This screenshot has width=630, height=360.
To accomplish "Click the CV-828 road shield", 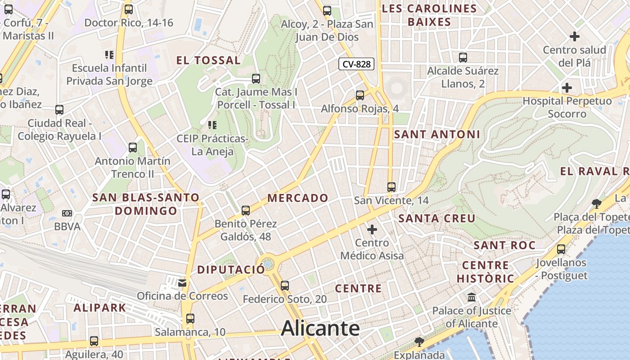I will pyautogui.click(x=356, y=64).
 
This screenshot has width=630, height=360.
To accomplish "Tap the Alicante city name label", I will pyautogui.click(x=320, y=328).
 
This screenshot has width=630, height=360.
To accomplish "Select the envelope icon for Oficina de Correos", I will pyautogui.click(x=182, y=283).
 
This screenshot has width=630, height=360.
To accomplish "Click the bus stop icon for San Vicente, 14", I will pyautogui.click(x=391, y=187).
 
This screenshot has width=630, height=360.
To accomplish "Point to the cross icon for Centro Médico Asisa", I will pyautogui.click(x=372, y=230).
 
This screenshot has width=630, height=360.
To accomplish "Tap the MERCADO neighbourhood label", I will pyautogui.click(x=298, y=198).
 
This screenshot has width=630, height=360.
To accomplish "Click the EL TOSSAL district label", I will pyautogui.click(x=208, y=60).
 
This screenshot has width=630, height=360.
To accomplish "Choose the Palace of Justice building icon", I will pyautogui.click(x=472, y=297).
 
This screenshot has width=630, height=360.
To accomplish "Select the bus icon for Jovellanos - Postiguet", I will pyautogui.click(x=561, y=249).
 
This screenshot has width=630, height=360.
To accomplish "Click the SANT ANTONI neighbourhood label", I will pyautogui.click(x=437, y=134).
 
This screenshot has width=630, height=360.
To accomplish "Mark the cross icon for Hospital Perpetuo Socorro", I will pyautogui.click(x=567, y=88).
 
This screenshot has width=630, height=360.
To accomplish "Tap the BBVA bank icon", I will pyautogui.click(x=67, y=213).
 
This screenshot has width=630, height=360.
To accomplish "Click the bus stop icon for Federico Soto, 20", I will pyautogui.click(x=284, y=286).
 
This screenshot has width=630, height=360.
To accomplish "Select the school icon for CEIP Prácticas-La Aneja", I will pyautogui.click(x=212, y=125).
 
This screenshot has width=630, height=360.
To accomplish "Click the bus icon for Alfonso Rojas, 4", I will pyautogui.click(x=360, y=95).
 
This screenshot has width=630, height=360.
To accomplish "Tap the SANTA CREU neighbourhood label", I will pyautogui.click(x=437, y=219).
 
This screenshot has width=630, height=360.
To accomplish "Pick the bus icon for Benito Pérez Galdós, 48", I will pyautogui.click(x=246, y=210).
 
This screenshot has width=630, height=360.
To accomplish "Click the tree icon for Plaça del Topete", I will pyautogui.click(x=597, y=203).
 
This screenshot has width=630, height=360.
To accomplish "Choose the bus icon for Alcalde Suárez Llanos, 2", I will pyautogui.click(x=463, y=58).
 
